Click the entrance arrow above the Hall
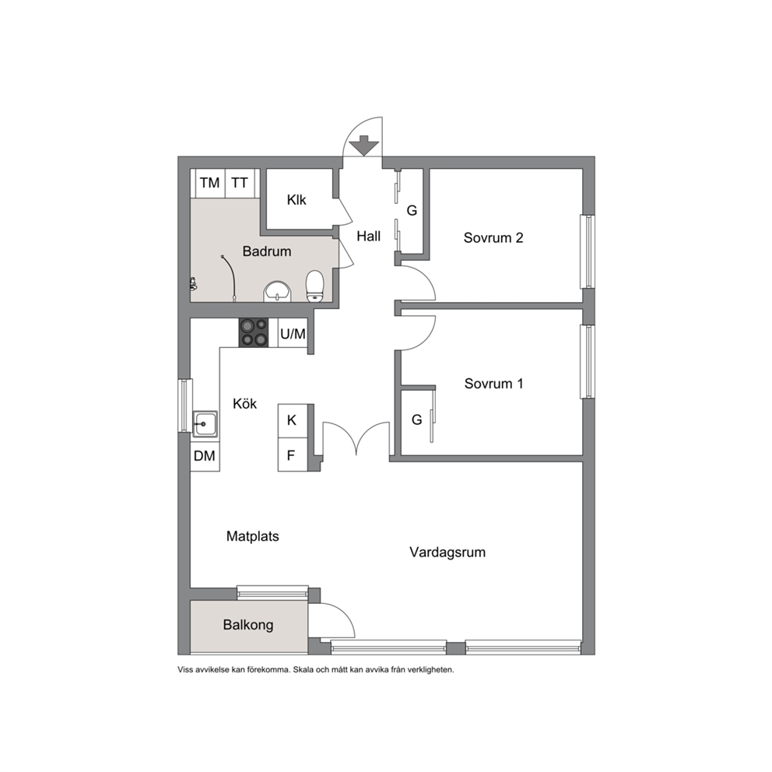point(363,146)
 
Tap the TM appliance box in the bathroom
point(210,183)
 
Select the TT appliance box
point(240,183)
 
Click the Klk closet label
point(297,200)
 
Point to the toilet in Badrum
point(314,286)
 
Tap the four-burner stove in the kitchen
point(254,332)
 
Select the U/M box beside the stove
point(293,334)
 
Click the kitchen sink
point(205,423)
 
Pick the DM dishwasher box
point(205,456)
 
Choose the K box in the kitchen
point(293,420)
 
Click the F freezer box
point(293,454)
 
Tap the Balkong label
point(248,625)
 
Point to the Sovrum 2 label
point(493,238)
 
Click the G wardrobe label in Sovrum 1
point(416,420)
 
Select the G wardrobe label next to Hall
point(412,211)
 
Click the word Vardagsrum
point(447,553)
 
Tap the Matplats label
point(253,536)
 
